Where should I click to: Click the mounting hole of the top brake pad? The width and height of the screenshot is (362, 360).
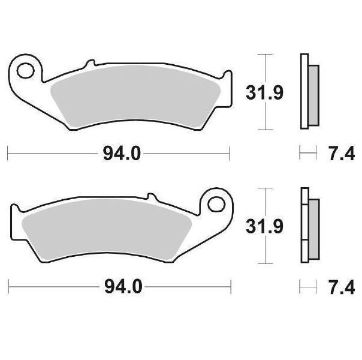25,71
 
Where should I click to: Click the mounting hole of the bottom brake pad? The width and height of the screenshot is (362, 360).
216,204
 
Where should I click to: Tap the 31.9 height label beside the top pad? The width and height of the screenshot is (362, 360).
264,92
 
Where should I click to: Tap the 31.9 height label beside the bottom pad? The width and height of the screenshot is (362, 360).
264,226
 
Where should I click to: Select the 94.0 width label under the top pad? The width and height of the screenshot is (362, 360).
122,154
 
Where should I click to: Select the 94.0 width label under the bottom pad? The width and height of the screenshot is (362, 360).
123,287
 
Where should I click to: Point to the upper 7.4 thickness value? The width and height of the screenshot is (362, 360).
342,154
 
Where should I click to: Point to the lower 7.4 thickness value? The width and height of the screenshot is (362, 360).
342,287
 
